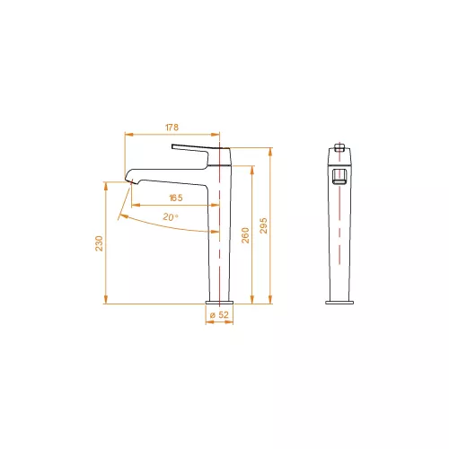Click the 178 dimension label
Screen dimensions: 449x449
(172, 128)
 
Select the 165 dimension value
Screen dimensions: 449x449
(176, 198)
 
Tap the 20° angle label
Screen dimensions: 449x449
(171, 216)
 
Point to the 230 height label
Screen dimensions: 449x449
(99, 243)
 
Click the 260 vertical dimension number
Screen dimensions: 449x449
(245, 235)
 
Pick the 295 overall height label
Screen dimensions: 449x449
(263, 225)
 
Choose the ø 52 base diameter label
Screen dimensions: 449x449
(219, 314)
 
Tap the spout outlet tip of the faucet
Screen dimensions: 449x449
(132, 181)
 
